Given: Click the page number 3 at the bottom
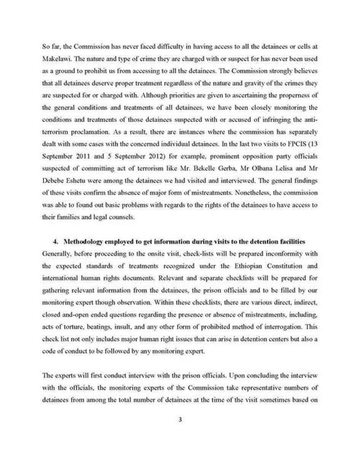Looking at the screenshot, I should click(x=180, y=420).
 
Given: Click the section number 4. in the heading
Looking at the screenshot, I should click(x=56, y=242).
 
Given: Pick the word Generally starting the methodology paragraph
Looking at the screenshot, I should click(x=57, y=253).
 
